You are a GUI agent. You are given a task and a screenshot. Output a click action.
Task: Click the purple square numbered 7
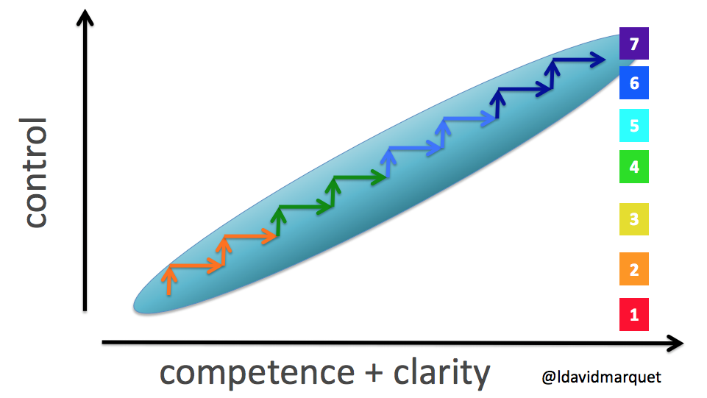633,43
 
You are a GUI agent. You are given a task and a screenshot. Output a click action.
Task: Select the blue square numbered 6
633,82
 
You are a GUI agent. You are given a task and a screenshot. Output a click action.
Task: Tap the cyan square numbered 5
633,125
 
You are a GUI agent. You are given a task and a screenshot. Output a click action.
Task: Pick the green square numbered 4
633,167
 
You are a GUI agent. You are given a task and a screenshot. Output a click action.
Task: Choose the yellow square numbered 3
633,219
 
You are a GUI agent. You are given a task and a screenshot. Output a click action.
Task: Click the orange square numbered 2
633,269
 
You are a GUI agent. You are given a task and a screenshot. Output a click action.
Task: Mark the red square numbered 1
633,316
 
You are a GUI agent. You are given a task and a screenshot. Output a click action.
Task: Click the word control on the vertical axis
35,172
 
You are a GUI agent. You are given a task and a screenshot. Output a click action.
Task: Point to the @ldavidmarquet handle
601,377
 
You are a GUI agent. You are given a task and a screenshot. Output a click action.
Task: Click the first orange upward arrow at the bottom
169,281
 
